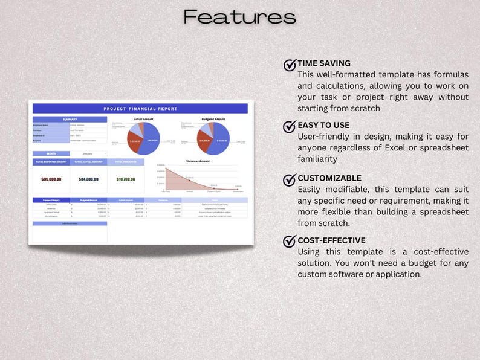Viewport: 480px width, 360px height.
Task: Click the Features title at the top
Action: tap(240, 16)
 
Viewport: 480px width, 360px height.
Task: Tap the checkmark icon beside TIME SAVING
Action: tap(290, 65)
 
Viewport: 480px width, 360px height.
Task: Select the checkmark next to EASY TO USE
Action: tap(290, 126)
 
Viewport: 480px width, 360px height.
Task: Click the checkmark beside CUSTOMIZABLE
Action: tap(290, 179)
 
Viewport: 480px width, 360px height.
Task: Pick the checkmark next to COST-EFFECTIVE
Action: tap(290, 241)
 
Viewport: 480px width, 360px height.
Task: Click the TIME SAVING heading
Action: tap(324, 63)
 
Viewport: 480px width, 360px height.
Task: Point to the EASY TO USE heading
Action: tap(323, 125)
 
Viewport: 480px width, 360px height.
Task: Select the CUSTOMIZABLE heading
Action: tap(329, 178)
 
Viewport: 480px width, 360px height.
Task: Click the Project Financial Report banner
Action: tap(140, 109)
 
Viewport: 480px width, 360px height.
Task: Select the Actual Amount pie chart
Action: tap(144, 139)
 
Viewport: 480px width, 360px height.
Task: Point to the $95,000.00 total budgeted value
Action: tap(51, 179)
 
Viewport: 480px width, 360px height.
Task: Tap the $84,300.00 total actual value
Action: tap(89, 179)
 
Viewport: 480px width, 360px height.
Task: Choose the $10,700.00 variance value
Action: tap(126, 179)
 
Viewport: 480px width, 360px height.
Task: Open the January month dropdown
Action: tap(88, 153)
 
